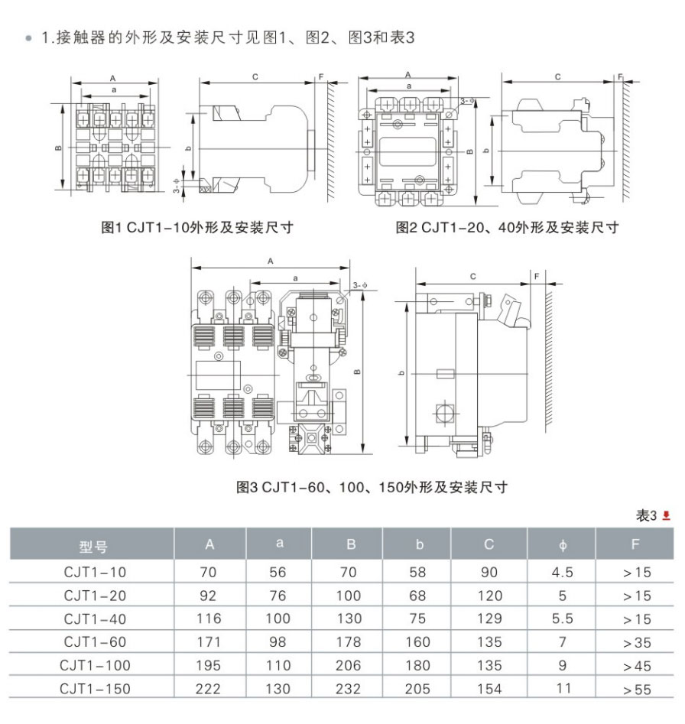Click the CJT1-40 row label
(95, 618)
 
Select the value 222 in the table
(208, 689)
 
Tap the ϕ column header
(563, 545)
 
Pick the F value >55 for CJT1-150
(637, 690)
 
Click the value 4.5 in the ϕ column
(562, 573)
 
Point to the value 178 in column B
(349, 641)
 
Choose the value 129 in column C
(489, 618)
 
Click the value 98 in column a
(278, 641)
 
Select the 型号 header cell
(93, 547)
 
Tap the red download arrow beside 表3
(666, 515)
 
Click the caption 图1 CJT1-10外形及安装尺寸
(197, 227)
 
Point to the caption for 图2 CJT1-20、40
(508, 227)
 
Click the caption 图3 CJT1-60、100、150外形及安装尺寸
(372, 487)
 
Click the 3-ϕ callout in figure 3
(360, 285)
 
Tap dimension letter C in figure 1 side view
(255, 77)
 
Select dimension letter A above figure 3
(271, 261)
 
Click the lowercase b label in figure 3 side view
(401, 373)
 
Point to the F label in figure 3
(537, 276)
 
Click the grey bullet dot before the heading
(29, 38)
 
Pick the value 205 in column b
(417, 689)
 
